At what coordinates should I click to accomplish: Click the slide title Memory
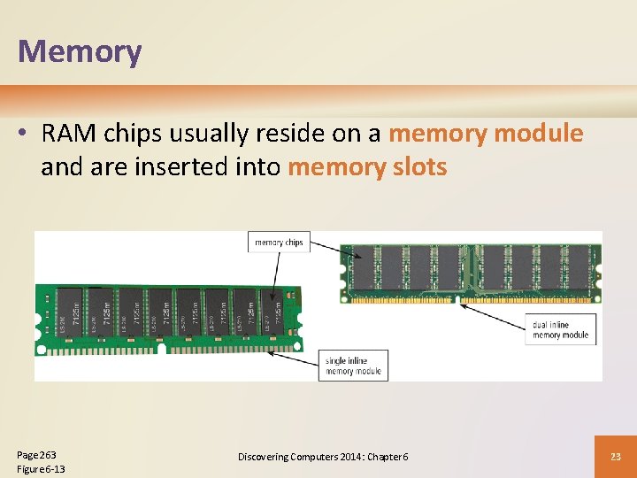click(80, 50)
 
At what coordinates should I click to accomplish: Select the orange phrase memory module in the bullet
click(486, 134)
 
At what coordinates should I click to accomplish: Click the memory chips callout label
click(279, 242)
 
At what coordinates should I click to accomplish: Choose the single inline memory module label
click(353, 366)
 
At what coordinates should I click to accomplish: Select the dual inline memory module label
click(561, 329)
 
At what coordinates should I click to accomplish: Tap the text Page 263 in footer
click(36, 453)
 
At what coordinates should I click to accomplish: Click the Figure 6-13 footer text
click(41, 468)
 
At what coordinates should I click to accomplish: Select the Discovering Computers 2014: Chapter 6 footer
click(323, 456)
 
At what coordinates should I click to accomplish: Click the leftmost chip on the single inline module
click(72, 312)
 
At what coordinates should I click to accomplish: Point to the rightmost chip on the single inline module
click(271, 312)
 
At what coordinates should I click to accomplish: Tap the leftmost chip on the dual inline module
click(364, 266)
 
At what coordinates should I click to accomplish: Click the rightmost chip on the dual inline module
click(580, 266)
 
